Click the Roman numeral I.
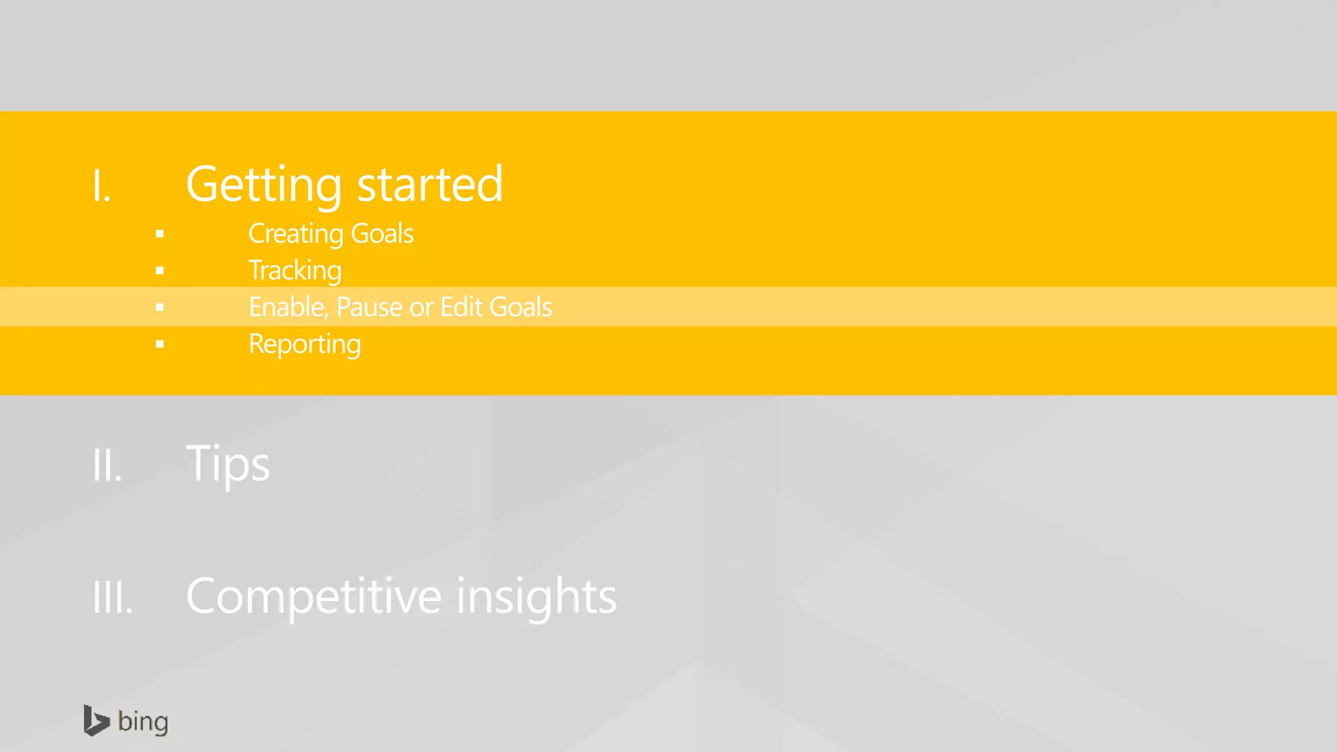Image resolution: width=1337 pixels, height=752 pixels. [101, 185]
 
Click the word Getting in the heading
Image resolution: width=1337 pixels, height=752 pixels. [264, 185]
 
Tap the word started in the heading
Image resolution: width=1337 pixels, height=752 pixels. [430, 184]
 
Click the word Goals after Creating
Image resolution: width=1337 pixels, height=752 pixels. [382, 234]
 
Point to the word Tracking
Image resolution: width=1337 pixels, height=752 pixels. [295, 271]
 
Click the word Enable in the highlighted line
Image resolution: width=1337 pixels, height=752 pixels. [288, 307]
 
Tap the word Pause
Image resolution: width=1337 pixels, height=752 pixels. [369, 307]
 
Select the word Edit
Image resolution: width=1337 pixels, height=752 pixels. [462, 307]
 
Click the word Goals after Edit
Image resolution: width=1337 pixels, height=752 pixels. [520, 307]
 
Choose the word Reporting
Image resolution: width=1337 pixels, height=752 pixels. [304, 344]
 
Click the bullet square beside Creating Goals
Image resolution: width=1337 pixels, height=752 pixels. [160, 234]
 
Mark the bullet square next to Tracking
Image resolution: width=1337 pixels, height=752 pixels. [160, 270]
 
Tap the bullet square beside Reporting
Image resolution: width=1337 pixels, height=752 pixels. [160, 344]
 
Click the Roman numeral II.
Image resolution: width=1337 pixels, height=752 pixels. [107, 465]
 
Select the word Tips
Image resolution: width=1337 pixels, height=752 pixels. [228, 463]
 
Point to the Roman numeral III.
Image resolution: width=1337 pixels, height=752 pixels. [112, 597]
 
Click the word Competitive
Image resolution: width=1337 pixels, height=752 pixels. [313, 595]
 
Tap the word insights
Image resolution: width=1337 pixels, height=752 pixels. [536, 595]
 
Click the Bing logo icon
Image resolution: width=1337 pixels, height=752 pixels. [96, 721]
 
